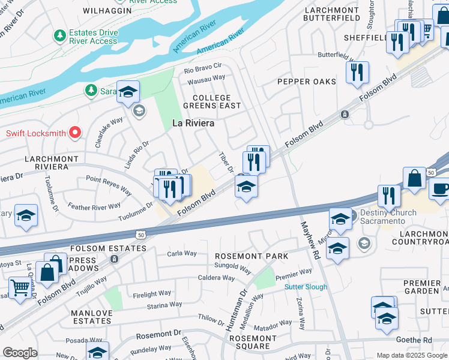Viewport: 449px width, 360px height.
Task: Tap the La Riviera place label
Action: [194, 123]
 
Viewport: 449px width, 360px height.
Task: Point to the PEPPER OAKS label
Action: [306, 82]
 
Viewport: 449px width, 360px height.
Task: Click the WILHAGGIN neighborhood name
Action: [108, 10]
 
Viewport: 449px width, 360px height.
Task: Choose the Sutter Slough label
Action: [306, 287]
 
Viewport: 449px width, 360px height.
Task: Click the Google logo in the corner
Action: [20, 353]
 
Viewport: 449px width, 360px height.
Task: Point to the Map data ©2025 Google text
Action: [411, 355]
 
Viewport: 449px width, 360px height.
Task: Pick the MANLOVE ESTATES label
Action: [91, 317]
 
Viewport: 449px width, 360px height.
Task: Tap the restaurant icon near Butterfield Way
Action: [357, 73]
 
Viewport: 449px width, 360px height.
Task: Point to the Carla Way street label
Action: [182, 253]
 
